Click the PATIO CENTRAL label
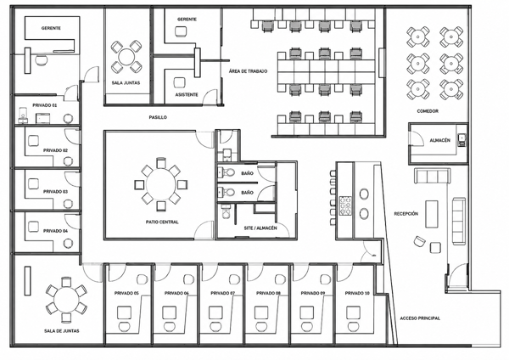[162, 222]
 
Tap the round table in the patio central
[160, 184]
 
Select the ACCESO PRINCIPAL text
[420, 318]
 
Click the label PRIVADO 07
[222, 293]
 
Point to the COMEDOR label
[428, 111]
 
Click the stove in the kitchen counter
[345, 205]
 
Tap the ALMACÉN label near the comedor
[439, 140]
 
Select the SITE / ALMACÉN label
[260, 228]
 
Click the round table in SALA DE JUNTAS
[66, 300]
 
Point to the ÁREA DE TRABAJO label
[248, 71]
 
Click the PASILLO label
[158, 117]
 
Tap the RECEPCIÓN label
[406, 214]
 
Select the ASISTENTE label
[187, 94]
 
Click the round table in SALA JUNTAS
[126, 57]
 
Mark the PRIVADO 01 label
[45, 105]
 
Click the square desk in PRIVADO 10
[353, 312]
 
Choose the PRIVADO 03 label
[55, 192]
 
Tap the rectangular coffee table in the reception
[432, 214]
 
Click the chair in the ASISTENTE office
[179, 82]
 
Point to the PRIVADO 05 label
[126, 293]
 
